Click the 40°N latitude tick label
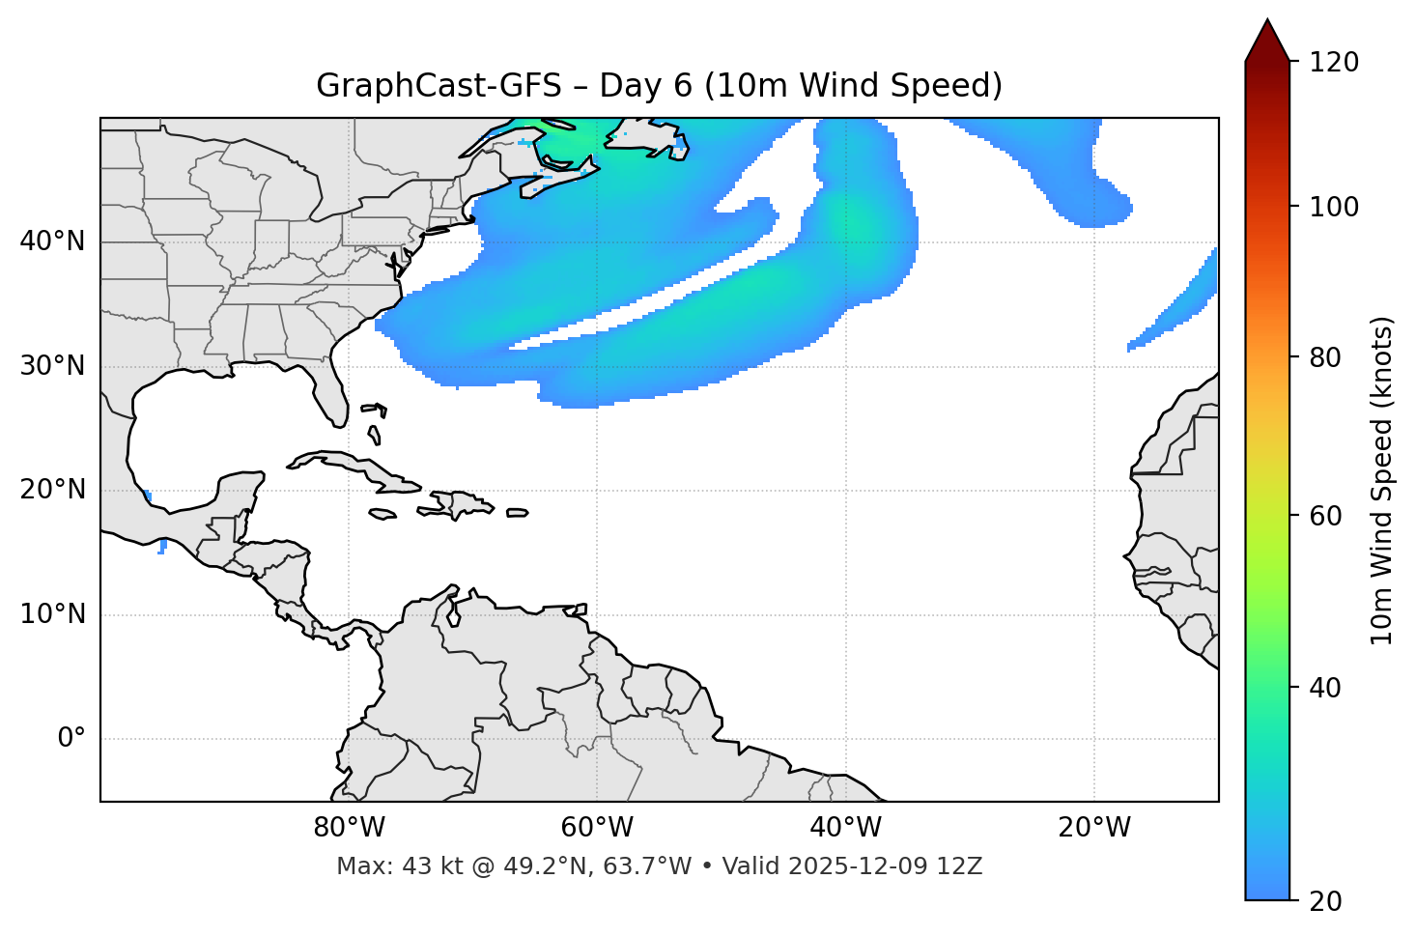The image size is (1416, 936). (x=52, y=241)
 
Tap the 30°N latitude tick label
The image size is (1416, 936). (x=52, y=366)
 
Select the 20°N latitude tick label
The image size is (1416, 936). (x=52, y=490)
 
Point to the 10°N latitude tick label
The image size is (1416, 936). (x=52, y=614)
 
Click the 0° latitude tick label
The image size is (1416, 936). (x=71, y=739)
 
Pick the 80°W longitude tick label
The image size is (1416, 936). (x=349, y=828)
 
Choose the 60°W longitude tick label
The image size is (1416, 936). (x=597, y=828)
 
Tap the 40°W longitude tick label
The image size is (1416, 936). (x=845, y=828)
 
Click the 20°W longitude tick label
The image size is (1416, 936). (x=1093, y=828)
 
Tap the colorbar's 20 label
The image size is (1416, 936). (x=1326, y=901)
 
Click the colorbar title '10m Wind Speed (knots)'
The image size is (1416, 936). (x=1382, y=480)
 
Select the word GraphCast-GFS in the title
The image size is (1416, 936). (x=439, y=86)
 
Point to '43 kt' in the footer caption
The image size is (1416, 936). (x=421, y=866)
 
